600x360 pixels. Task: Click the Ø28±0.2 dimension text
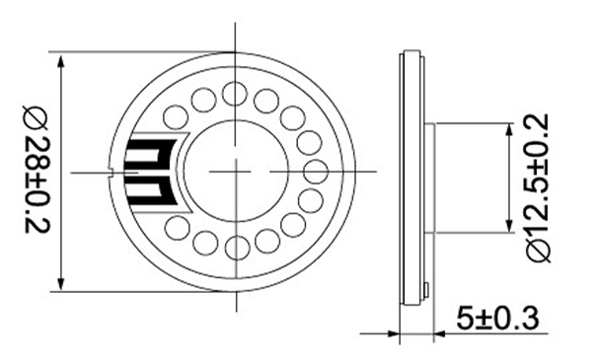tap(37, 169)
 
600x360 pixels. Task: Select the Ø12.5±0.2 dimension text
tap(539, 188)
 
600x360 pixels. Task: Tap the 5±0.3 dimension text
tap(498, 318)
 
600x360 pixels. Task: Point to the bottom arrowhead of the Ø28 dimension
tap(60, 282)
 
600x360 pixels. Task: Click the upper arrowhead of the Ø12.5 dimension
tap(509, 131)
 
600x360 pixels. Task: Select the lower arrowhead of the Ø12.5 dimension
tap(509, 224)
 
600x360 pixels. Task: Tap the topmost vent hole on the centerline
tap(235, 94)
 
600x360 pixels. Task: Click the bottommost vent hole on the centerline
tap(237, 248)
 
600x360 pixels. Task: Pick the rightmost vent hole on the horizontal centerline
tap(316, 172)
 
